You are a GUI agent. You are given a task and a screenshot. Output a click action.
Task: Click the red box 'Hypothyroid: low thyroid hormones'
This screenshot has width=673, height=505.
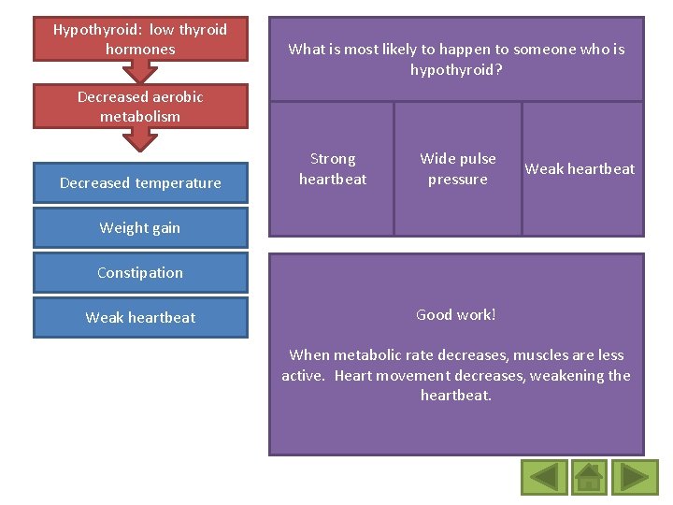140,39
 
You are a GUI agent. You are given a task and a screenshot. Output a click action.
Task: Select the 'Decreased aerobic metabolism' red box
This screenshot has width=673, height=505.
140,107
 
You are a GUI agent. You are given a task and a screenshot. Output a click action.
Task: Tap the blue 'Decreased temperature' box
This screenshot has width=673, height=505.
140,183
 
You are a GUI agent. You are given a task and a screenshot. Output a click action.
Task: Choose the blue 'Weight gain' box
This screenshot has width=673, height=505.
140,228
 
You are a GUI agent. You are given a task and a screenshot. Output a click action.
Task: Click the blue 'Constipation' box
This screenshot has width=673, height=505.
140,273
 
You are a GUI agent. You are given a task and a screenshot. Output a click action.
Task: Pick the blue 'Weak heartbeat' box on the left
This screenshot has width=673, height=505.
140,318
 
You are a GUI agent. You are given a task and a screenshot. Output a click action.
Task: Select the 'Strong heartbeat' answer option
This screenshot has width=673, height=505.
332,169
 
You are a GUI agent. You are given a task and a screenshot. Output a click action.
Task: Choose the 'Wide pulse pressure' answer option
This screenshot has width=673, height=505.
457,169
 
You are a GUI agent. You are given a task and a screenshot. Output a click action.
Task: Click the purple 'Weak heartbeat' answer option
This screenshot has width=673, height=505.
580,169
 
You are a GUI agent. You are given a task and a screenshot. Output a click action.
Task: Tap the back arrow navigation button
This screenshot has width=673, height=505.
543,477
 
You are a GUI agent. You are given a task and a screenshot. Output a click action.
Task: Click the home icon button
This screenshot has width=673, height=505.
588,477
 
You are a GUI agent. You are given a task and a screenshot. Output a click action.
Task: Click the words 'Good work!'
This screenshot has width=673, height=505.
456,315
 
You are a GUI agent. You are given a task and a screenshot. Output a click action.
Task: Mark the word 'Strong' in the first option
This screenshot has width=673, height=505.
333,159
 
